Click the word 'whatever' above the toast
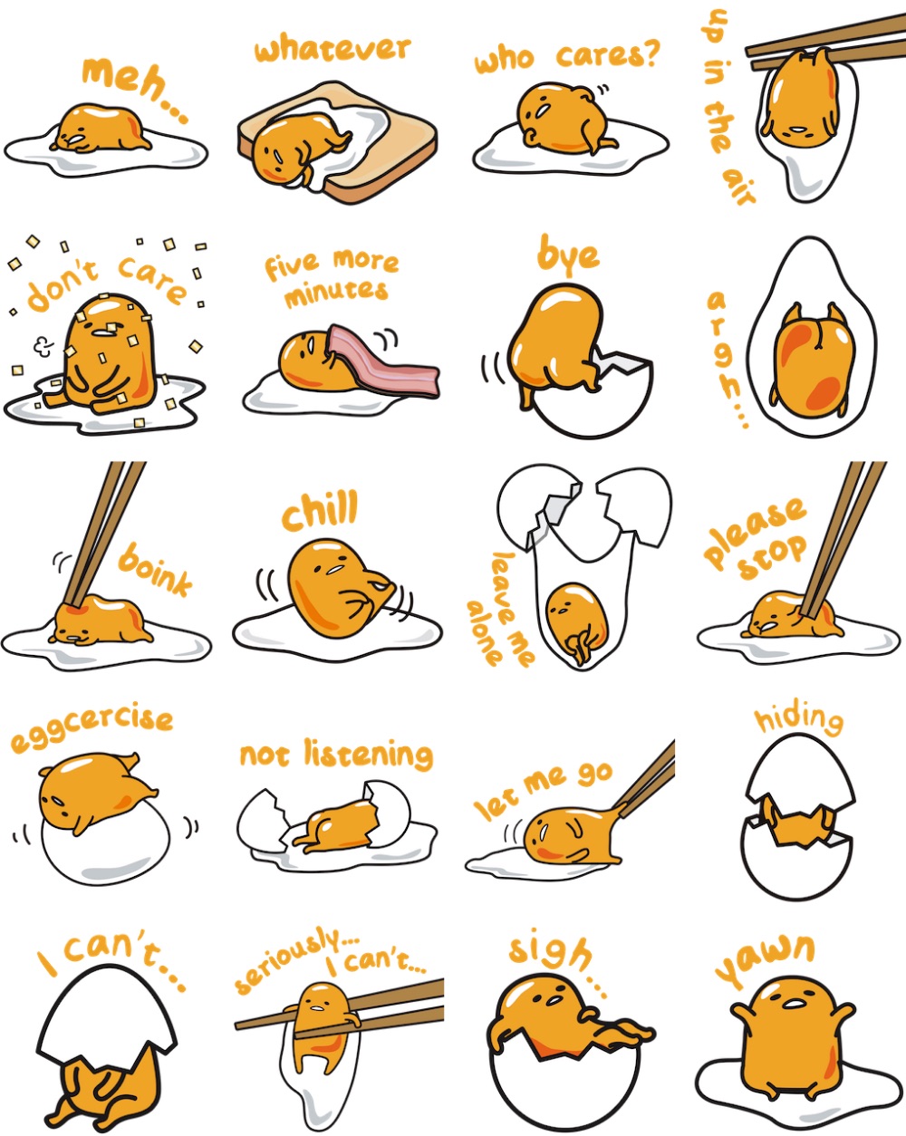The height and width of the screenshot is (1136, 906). pyautogui.click(x=333, y=49)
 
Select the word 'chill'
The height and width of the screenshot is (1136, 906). pyautogui.click(x=321, y=509)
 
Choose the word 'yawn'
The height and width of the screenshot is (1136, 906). pyautogui.click(x=764, y=959)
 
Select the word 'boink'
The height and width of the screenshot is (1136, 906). pyautogui.click(x=154, y=570)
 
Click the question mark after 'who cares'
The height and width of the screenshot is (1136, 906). pyautogui.click(x=652, y=52)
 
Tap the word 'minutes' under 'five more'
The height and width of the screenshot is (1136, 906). pyautogui.click(x=336, y=293)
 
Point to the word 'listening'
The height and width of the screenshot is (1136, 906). pyautogui.click(x=368, y=755)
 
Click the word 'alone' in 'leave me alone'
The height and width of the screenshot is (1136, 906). pyautogui.click(x=483, y=633)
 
